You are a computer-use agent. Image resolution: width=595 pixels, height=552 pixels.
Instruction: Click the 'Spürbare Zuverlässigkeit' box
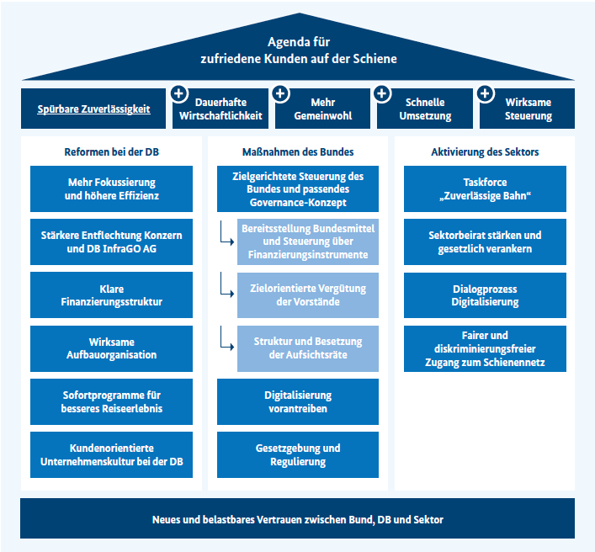pyautogui.click(x=94, y=109)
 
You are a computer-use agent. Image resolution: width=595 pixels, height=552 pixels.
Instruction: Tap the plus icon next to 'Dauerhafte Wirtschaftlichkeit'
pyautogui.click(x=178, y=93)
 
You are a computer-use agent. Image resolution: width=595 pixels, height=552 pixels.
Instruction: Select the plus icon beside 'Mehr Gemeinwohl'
pyautogui.click(x=280, y=93)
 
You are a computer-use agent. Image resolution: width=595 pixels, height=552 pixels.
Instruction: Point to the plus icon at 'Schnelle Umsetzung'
pyautogui.click(x=382, y=93)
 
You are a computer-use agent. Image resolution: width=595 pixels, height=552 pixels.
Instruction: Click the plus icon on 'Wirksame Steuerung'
pyautogui.click(x=486, y=93)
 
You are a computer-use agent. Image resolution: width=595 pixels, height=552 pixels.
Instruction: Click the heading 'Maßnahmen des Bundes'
pyautogui.click(x=297, y=152)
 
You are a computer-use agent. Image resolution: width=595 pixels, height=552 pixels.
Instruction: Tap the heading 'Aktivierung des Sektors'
pyautogui.click(x=485, y=152)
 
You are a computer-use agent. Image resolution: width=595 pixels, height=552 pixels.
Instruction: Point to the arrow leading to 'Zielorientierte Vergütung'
pyautogui.click(x=226, y=291)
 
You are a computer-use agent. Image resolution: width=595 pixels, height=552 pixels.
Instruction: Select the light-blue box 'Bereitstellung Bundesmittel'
pyautogui.click(x=308, y=241)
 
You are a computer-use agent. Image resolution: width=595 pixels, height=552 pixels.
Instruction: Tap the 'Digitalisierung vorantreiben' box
pyautogui.click(x=297, y=401)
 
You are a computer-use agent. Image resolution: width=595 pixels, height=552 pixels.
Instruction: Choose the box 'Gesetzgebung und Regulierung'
pyautogui.click(x=297, y=455)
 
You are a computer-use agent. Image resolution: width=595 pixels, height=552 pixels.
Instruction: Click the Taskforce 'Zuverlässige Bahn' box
pyautogui.click(x=485, y=188)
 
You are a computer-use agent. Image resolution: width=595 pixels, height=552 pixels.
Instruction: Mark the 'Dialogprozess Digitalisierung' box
pyautogui.click(x=485, y=295)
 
